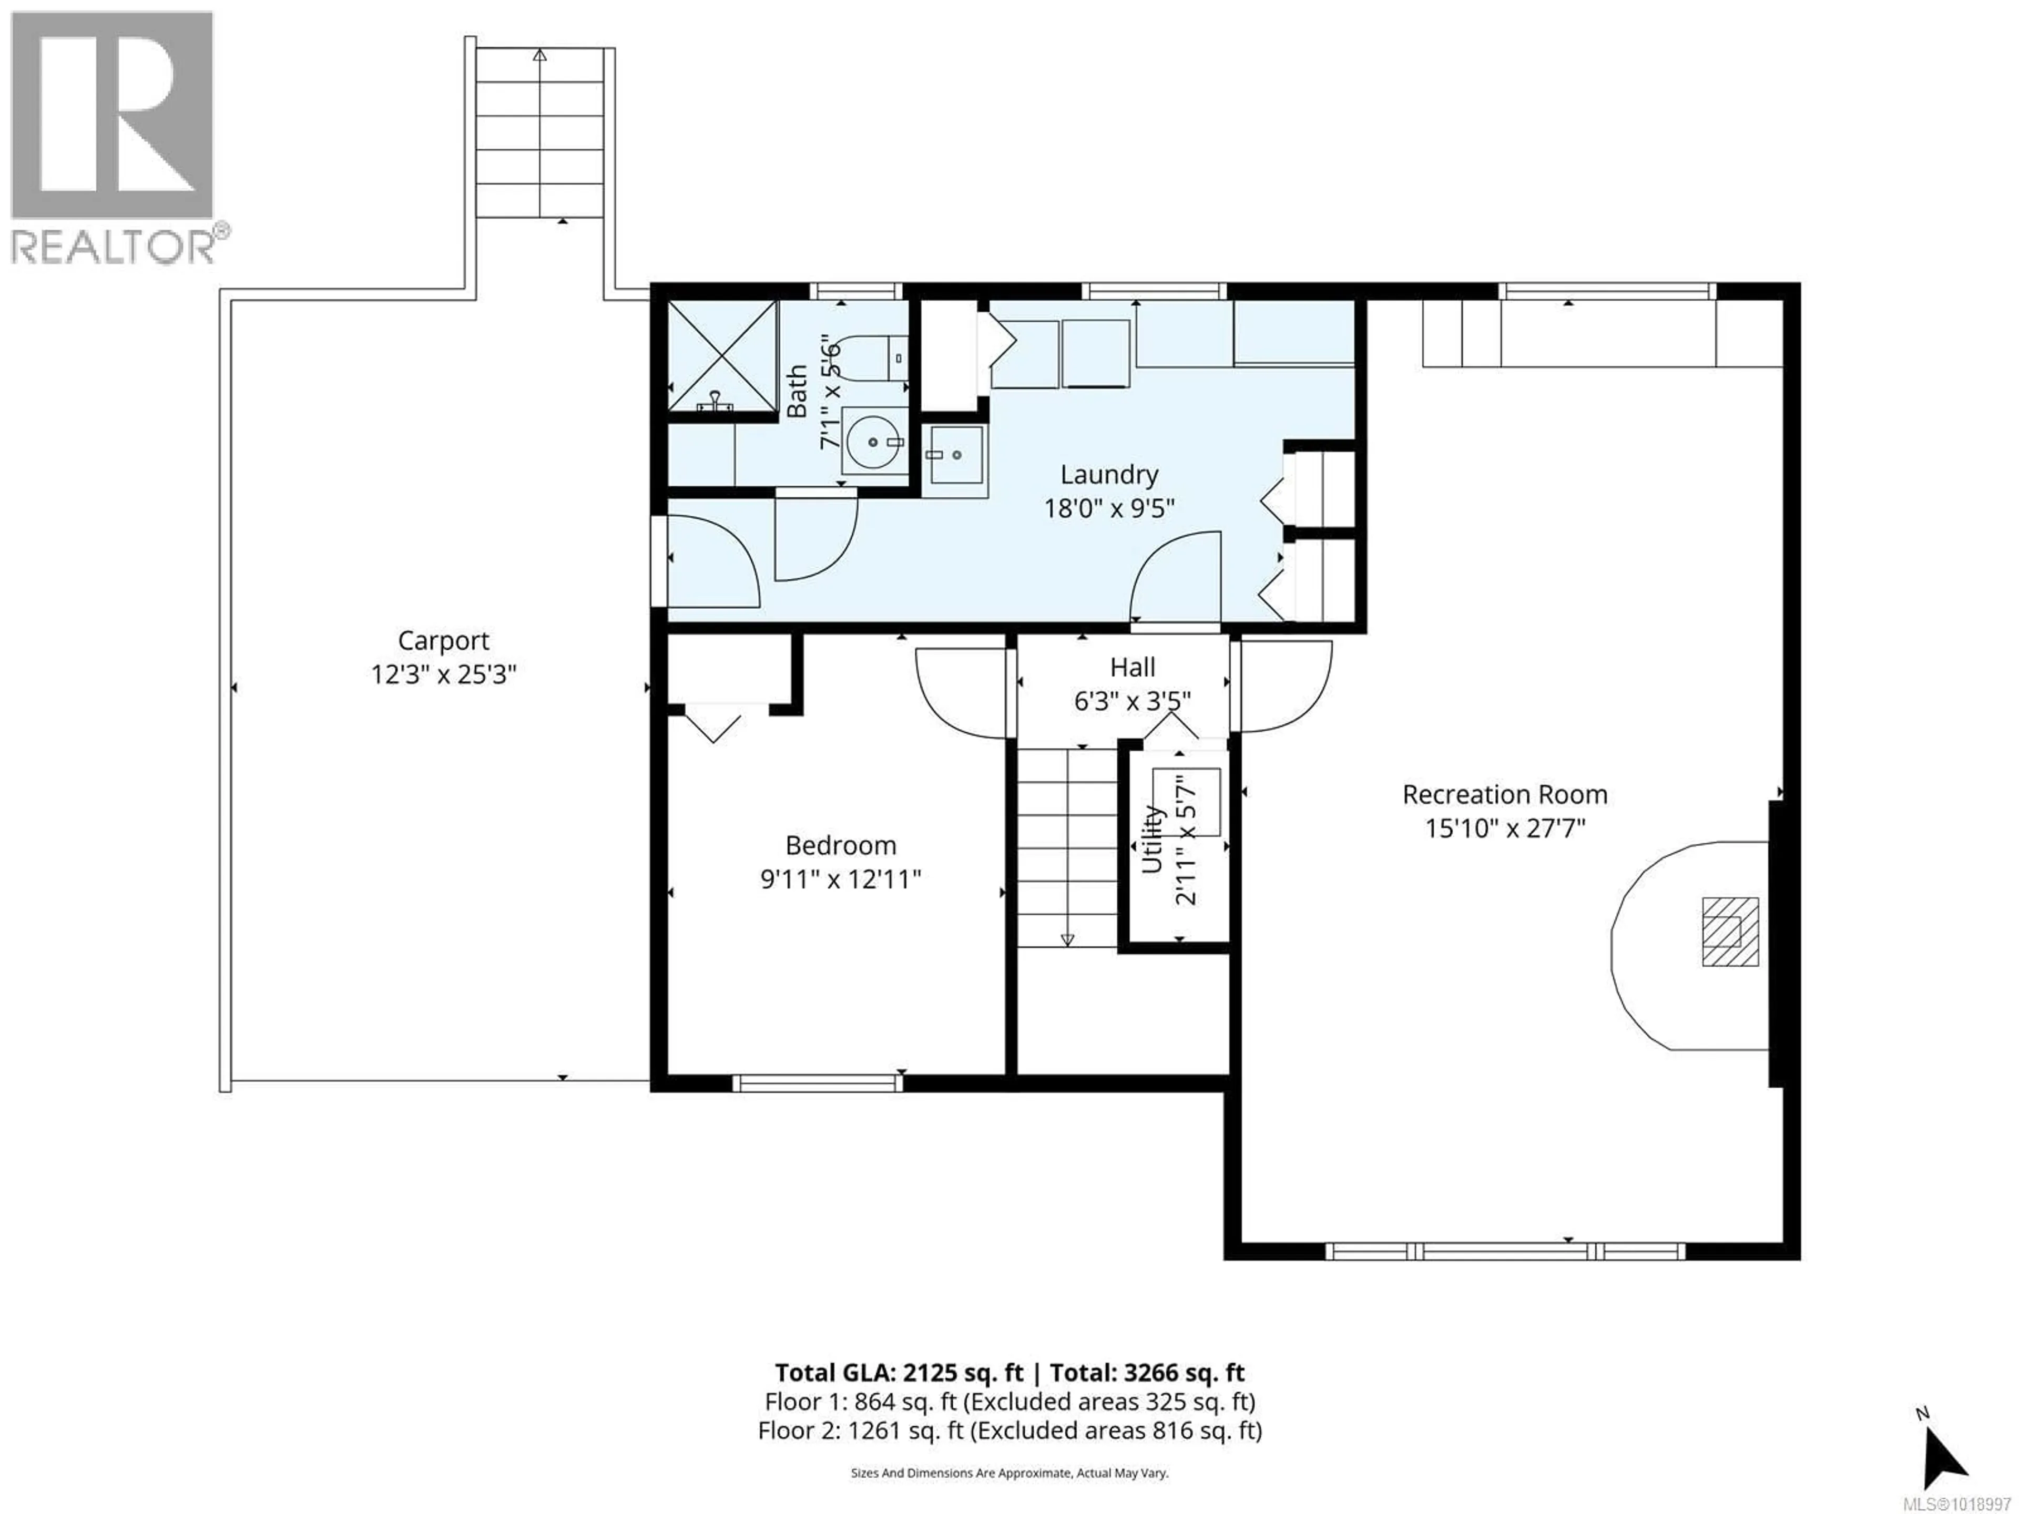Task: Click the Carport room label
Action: tap(444, 641)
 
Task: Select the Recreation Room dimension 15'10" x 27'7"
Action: tap(1505, 828)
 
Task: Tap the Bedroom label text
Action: tap(841, 845)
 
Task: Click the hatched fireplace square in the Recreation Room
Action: tap(1730, 932)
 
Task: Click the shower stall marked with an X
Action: tap(722, 356)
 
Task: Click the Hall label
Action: tap(1133, 667)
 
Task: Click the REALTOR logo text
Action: tap(114, 247)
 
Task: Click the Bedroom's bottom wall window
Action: tap(817, 1083)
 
